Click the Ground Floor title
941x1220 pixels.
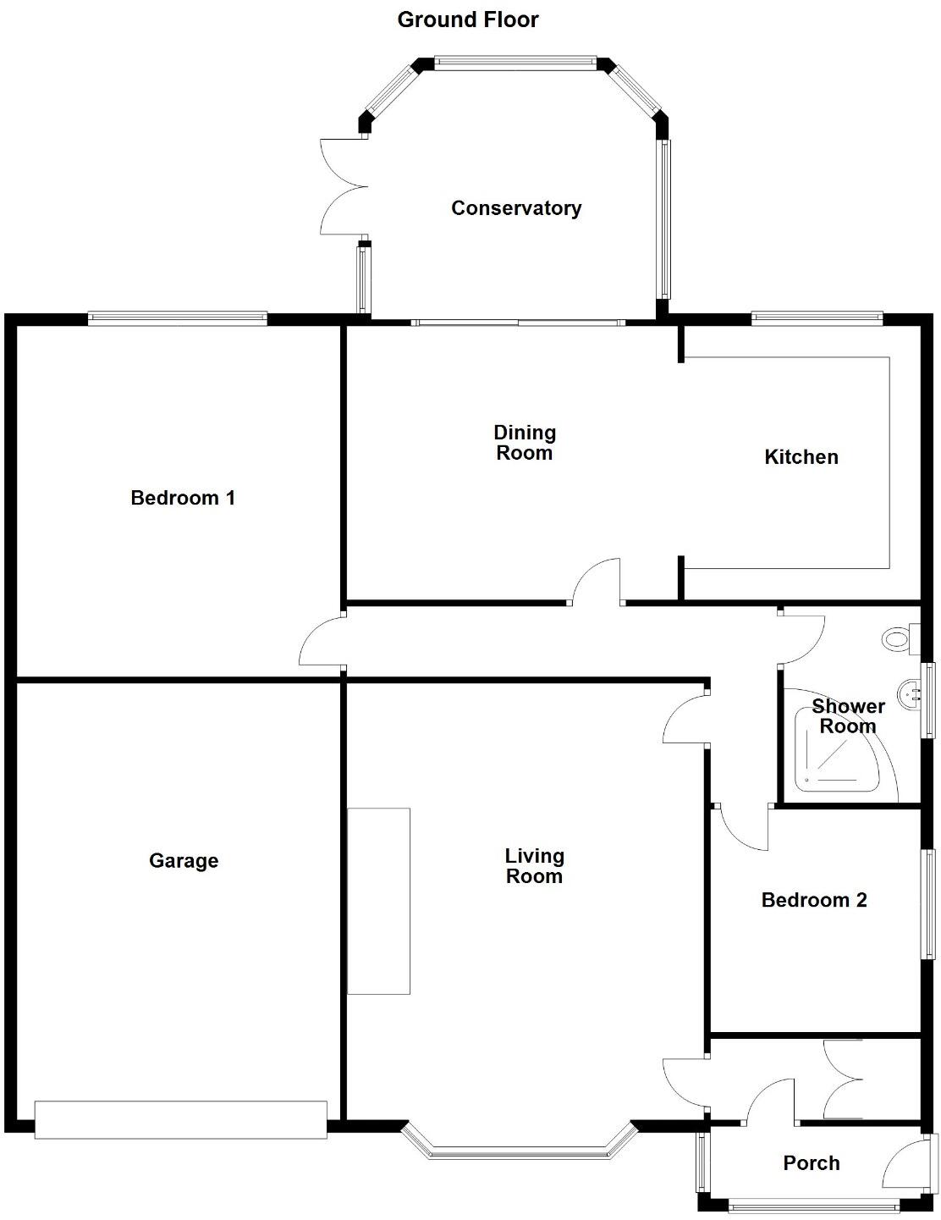point(467,19)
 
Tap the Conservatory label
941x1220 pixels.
point(516,208)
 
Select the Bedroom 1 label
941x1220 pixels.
point(183,498)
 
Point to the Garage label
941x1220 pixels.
point(184,861)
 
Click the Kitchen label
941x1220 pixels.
point(801,457)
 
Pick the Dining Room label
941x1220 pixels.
point(525,443)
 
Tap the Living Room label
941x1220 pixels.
point(534,866)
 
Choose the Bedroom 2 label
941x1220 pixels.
point(814,900)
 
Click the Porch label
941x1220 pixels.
point(812,1163)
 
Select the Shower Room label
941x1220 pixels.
point(848,716)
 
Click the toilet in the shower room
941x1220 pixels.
point(896,638)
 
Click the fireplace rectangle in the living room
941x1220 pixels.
point(379,901)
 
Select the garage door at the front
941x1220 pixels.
point(180,1118)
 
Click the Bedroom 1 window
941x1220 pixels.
point(178,318)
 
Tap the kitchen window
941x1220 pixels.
point(817,318)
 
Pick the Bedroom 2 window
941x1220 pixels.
point(929,904)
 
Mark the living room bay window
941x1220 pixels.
point(518,1150)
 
